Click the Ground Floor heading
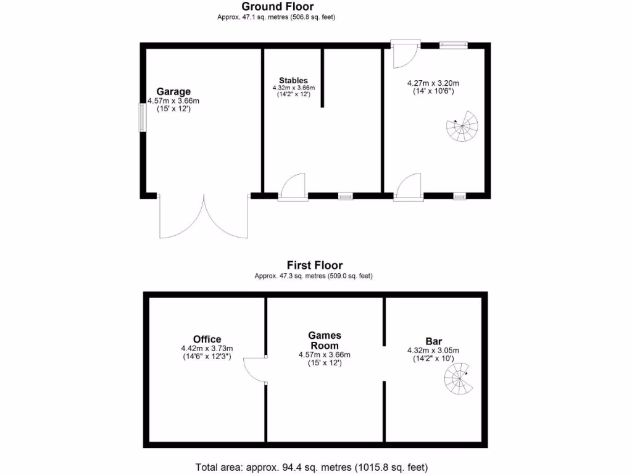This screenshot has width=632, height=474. click(277, 7)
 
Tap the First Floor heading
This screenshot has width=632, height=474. click(314, 265)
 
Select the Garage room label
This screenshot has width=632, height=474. click(173, 92)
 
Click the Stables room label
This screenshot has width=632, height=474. click(293, 80)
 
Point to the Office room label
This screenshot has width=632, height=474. click(207, 339)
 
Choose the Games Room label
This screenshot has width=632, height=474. click(325, 341)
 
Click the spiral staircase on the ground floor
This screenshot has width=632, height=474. click(462, 127)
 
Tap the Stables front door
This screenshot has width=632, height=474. click(294, 187)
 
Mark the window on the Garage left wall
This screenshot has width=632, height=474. click(142, 117)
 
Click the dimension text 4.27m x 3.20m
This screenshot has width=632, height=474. click(433, 83)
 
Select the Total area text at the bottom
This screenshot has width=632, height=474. click(312, 467)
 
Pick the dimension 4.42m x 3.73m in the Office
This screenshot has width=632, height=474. click(207, 348)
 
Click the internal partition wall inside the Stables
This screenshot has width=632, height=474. click(322, 78)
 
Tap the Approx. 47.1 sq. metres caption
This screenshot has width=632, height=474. click(276, 17)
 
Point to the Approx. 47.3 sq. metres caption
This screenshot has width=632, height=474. click(314, 276)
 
